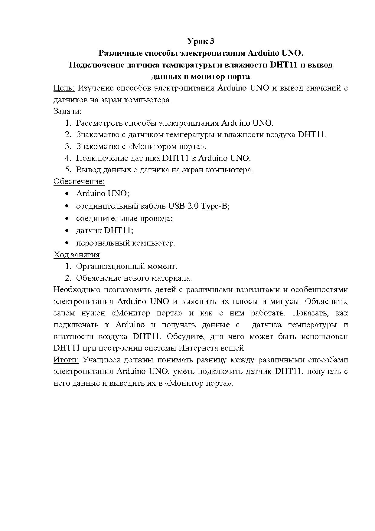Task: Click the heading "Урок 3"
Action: click(x=201, y=41)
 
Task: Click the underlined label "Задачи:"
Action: click(x=67, y=111)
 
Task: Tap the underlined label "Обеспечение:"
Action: click(x=79, y=181)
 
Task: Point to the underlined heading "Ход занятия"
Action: click(x=77, y=255)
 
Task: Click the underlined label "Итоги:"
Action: click(x=66, y=360)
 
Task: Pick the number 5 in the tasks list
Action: click(x=67, y=170)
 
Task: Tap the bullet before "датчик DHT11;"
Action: click(x=67, y=231)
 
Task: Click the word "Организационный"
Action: click(x=110, y=266)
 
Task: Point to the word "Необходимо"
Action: click(x=77, y=290)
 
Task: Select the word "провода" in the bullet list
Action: click(x=157, y=219)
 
